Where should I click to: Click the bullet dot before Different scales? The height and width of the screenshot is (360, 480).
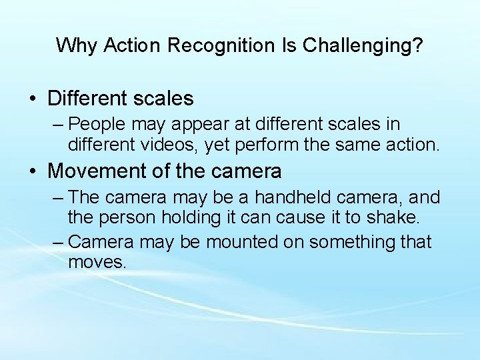[x=33, y=99]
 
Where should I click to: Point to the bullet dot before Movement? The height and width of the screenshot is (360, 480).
[x=33, y=171]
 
